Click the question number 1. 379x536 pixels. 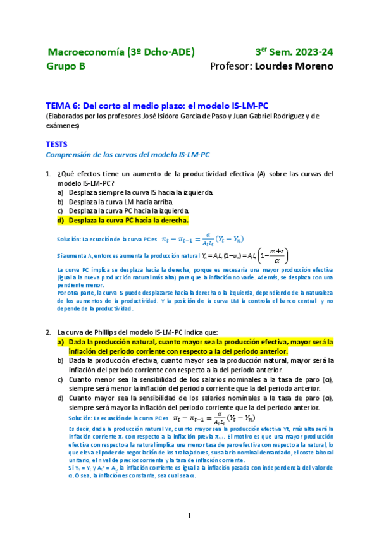[x=47, y=174]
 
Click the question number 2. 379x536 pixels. [x=47, y=331]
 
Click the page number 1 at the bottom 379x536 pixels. [x=189, y=515]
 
